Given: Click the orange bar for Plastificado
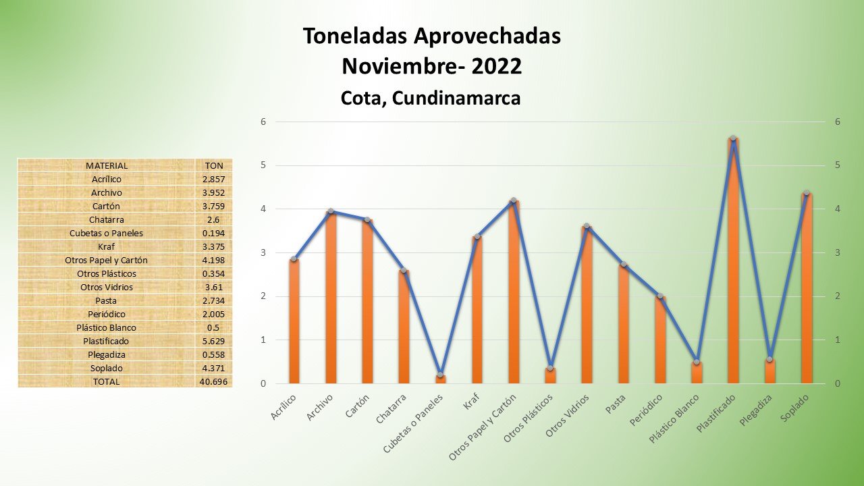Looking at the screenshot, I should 733,263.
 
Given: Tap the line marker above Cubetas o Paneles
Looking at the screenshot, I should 440,375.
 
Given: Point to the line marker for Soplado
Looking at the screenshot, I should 806,193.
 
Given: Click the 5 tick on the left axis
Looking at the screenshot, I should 263,165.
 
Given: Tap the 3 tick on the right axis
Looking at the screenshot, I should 837,252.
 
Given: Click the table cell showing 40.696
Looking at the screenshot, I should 214,381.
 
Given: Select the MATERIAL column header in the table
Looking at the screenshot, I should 107,165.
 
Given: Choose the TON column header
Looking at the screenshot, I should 214,165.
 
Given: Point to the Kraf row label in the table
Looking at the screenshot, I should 107,246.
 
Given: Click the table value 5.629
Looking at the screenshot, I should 214,341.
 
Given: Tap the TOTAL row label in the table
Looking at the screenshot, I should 107,381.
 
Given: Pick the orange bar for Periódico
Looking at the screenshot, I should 660,341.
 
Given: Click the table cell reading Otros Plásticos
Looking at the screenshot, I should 107,273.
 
